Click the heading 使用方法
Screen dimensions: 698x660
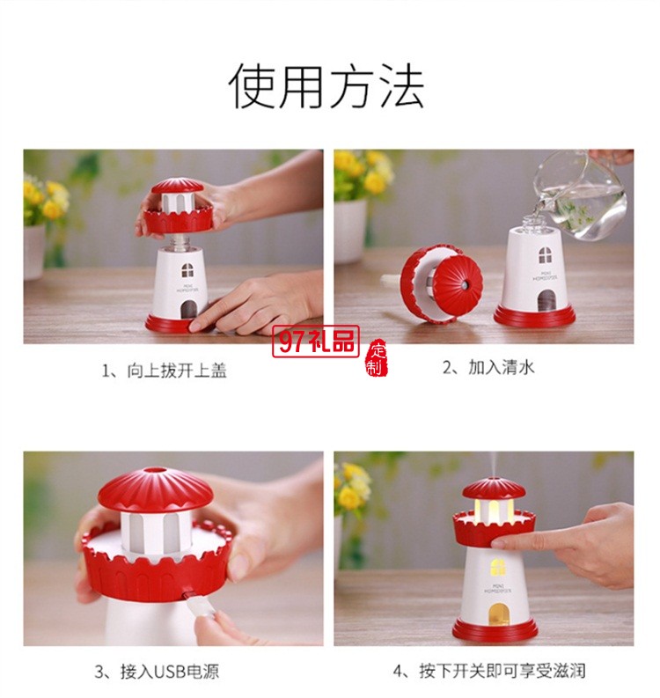pos(326,86)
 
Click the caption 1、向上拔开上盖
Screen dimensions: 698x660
pos(165,371)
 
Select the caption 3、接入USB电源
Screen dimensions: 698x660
pos(157,672)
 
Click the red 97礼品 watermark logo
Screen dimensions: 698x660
pos(316,341)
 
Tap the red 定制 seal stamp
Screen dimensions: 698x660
pos(377,356)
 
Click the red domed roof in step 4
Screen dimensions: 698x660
pos(494,489)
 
